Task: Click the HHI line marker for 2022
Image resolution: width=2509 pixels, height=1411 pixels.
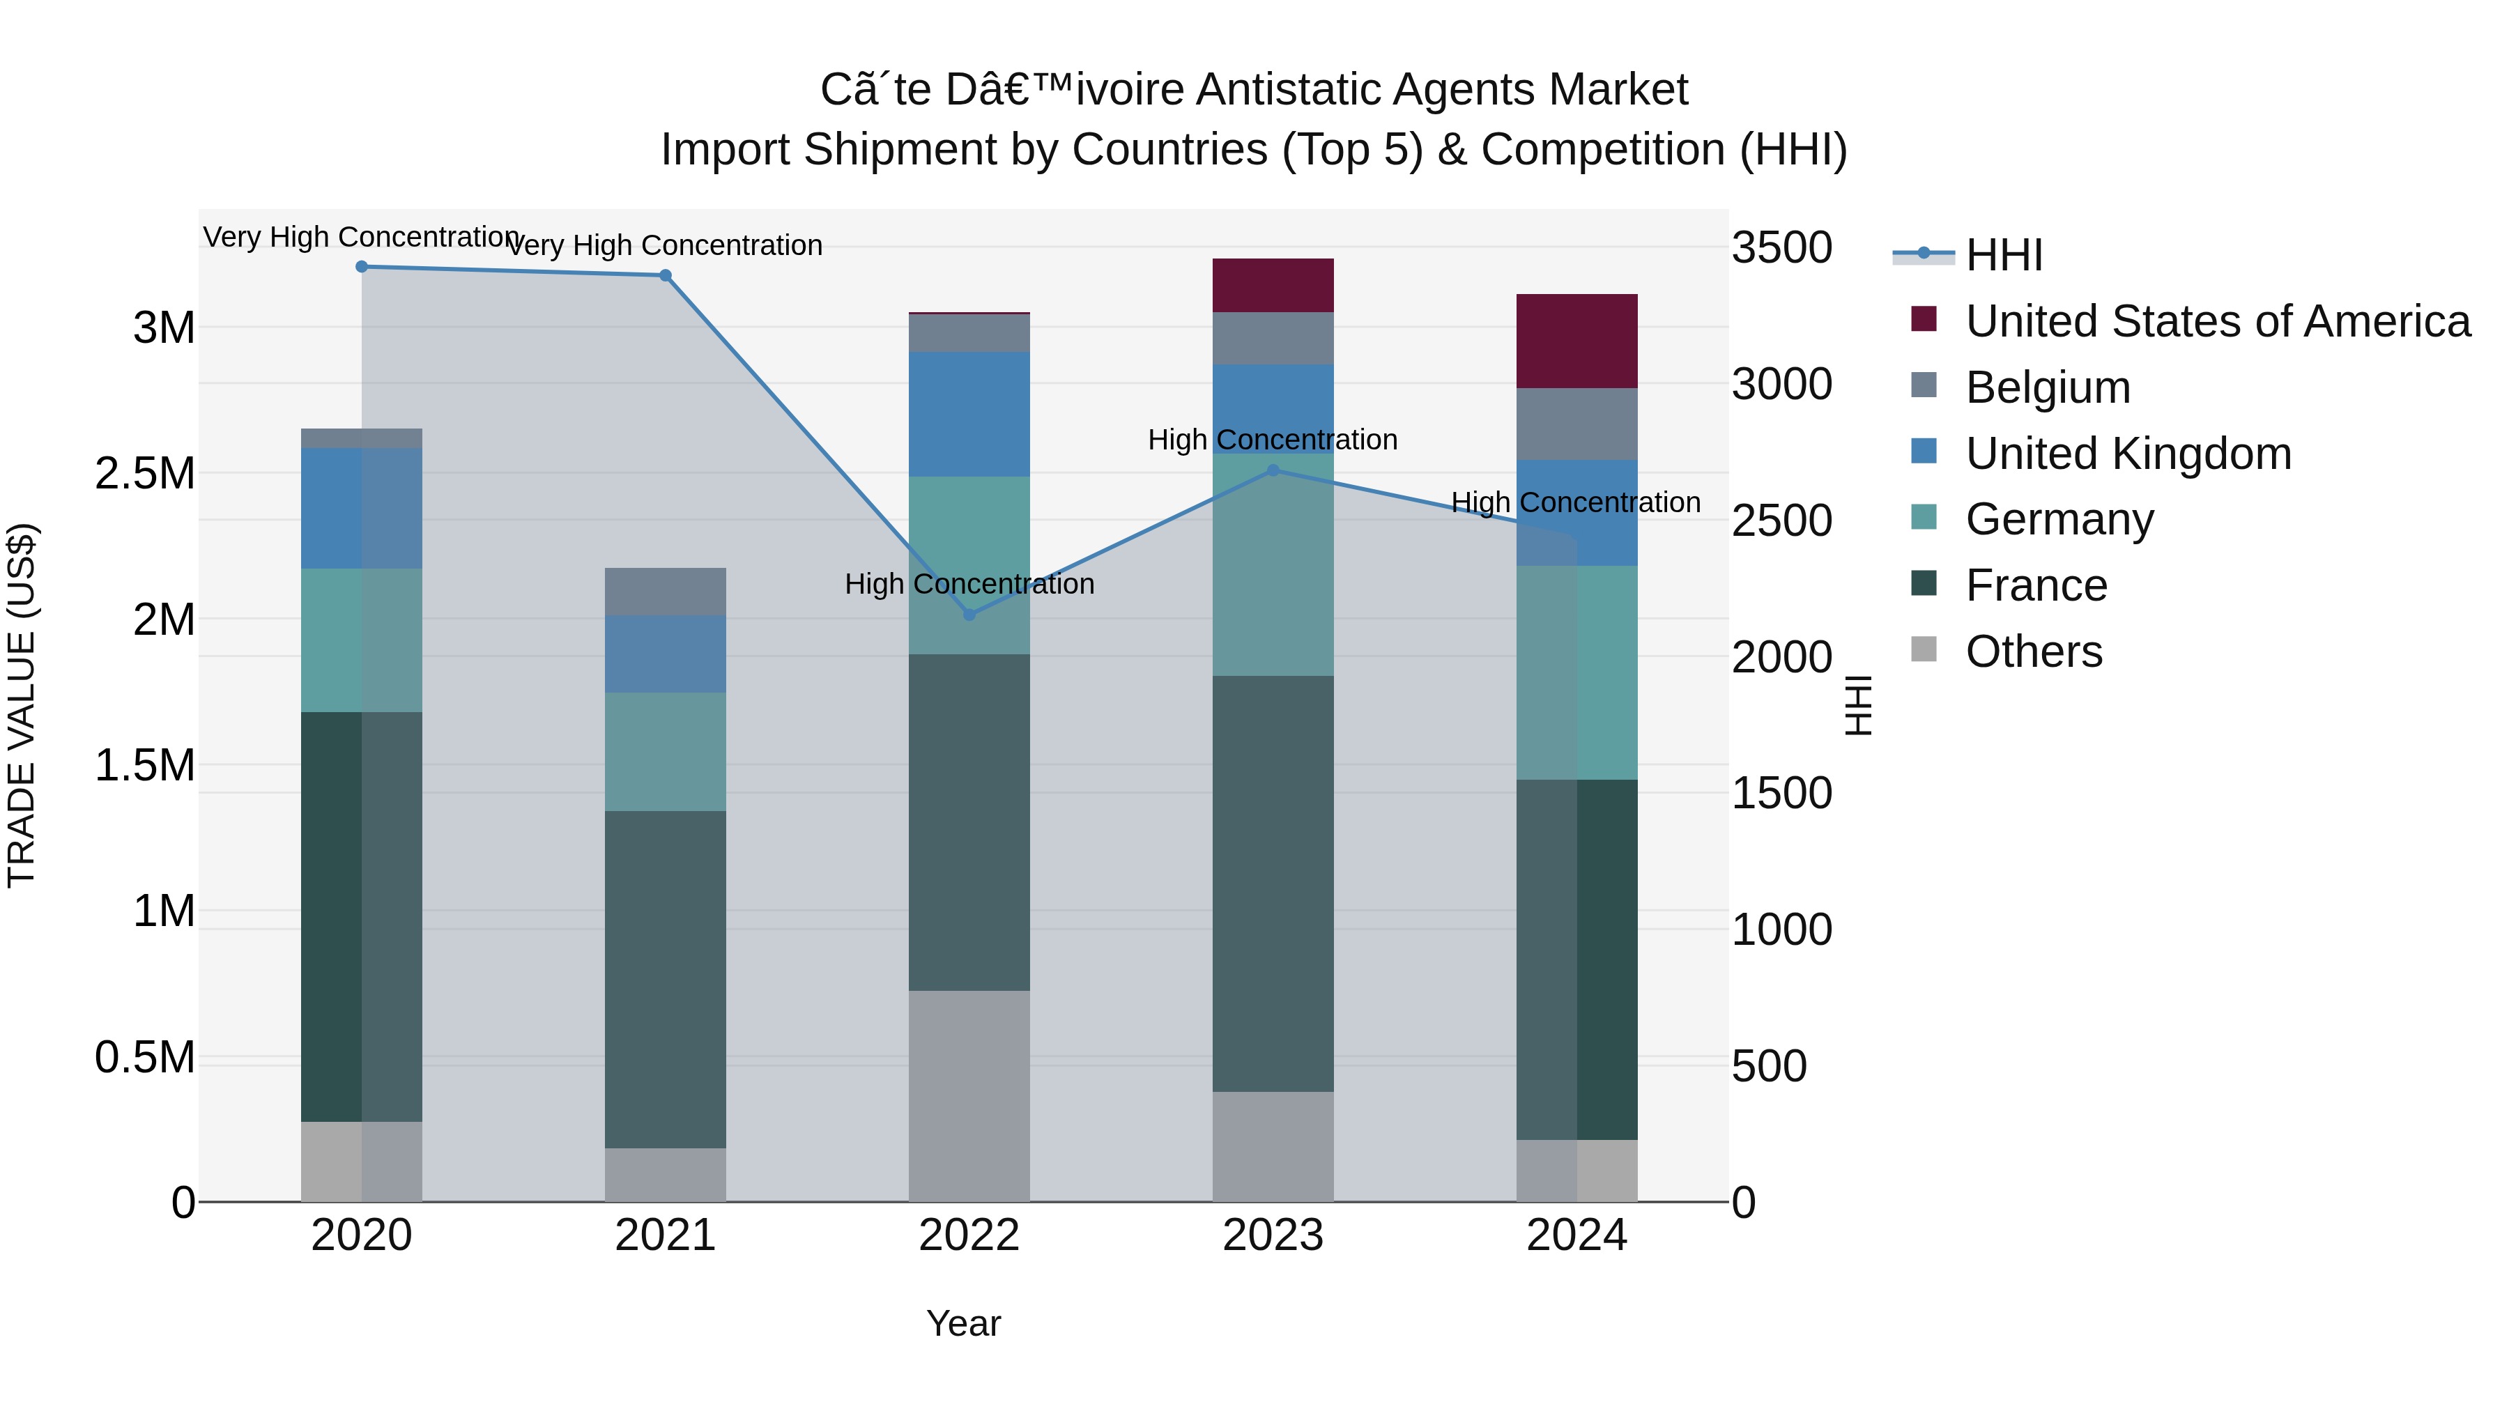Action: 969,615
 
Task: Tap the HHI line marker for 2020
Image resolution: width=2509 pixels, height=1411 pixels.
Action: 361,266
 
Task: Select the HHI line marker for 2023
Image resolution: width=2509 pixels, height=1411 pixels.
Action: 1273,470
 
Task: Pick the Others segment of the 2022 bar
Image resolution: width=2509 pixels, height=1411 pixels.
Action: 969,1095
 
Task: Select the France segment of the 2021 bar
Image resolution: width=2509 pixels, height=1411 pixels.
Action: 666,979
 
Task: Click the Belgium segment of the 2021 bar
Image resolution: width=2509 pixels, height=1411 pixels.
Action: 666,591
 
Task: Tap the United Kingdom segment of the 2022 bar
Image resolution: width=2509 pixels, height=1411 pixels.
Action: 969,414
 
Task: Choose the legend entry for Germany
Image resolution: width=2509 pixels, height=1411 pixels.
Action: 2059,519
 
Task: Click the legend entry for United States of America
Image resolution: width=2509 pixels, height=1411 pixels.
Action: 2217,321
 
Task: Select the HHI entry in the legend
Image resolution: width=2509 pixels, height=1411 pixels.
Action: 2004,255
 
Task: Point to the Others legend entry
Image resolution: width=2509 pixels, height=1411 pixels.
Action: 2033,651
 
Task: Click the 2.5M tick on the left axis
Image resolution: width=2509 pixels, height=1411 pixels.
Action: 145,473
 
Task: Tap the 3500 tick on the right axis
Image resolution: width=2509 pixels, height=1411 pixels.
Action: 1781,247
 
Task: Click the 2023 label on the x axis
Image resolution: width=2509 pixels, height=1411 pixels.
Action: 1273,1235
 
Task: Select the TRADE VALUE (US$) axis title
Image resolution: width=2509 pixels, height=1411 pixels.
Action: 22,705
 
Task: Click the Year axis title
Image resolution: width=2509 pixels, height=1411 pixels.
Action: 963,1323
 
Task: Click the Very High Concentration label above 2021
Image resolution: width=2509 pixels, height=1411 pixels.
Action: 666,245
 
